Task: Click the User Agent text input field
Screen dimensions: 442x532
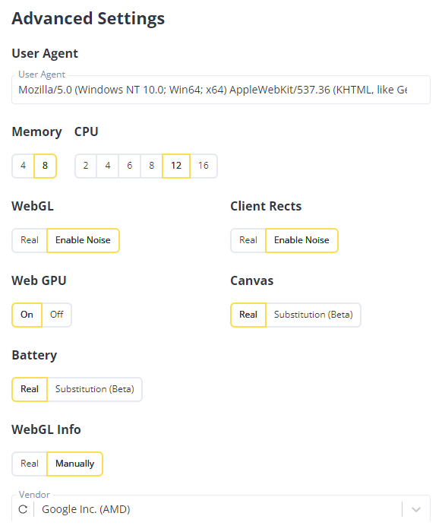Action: point(221,90)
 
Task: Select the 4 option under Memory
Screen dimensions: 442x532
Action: point(23,166)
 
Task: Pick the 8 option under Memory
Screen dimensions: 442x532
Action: point(45,166)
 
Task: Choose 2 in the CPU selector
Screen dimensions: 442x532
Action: point(86,166)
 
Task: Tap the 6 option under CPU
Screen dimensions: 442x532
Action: point(129,166)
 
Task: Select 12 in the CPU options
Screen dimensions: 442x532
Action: point(176,166)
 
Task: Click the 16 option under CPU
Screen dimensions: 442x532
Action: point(204,166)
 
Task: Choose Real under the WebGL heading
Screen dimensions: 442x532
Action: point(30,240)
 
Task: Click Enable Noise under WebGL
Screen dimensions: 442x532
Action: point(83,240)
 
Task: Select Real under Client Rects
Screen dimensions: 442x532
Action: point(248,240)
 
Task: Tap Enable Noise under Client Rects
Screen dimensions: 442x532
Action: point(302,240)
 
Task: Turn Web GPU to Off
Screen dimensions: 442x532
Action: point(57,315)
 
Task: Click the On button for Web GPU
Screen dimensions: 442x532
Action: point(27,315)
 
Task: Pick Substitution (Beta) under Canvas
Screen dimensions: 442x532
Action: point(314,315)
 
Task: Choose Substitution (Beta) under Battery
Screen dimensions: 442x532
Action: point(95,389)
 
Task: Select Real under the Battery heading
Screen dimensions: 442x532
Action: point(30,389)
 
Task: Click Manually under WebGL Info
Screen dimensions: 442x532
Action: point(75,464)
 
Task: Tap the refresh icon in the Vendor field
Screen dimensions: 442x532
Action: point(23,509)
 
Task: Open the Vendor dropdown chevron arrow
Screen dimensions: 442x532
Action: point(416,509)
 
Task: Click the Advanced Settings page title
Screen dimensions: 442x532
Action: point(88,19)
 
